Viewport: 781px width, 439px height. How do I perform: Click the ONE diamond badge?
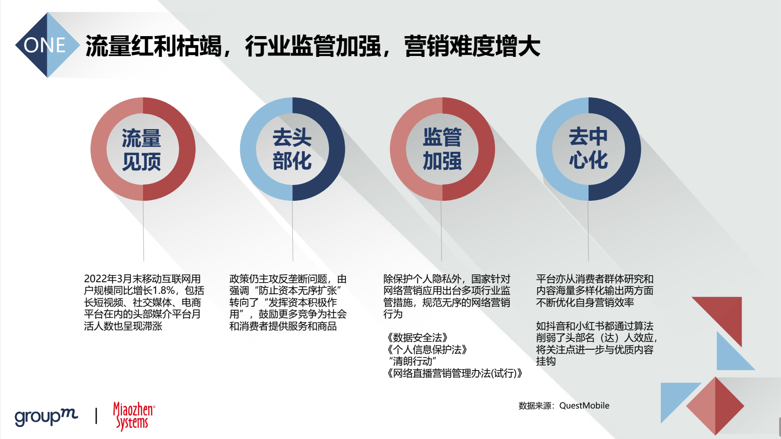coord(47,45)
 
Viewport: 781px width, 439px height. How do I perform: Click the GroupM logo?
coord(46,416)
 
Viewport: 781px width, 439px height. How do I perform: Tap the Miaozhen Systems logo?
coord(134,416)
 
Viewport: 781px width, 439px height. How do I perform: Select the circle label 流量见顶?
coord(141,149)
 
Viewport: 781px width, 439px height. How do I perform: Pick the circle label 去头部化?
coord(292,149)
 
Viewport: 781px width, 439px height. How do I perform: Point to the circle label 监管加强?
coord(442,149)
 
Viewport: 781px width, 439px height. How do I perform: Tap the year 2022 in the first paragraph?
coord(96,279)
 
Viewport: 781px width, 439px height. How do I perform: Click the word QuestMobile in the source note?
coord(584,406)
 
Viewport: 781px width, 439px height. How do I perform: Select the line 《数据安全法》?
coord(417,338)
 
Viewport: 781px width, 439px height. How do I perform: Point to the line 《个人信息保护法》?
coord(427,349)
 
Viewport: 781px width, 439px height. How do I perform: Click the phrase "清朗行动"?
coord(412,361)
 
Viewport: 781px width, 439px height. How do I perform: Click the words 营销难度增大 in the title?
coord(472,46)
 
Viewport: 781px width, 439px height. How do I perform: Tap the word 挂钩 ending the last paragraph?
coord(546,361)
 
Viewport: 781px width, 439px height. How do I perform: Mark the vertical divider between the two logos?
coord(96,416)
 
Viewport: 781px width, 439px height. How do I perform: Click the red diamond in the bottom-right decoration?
coord(715,406)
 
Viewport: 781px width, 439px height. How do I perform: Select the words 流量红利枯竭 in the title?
coord(154,46)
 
